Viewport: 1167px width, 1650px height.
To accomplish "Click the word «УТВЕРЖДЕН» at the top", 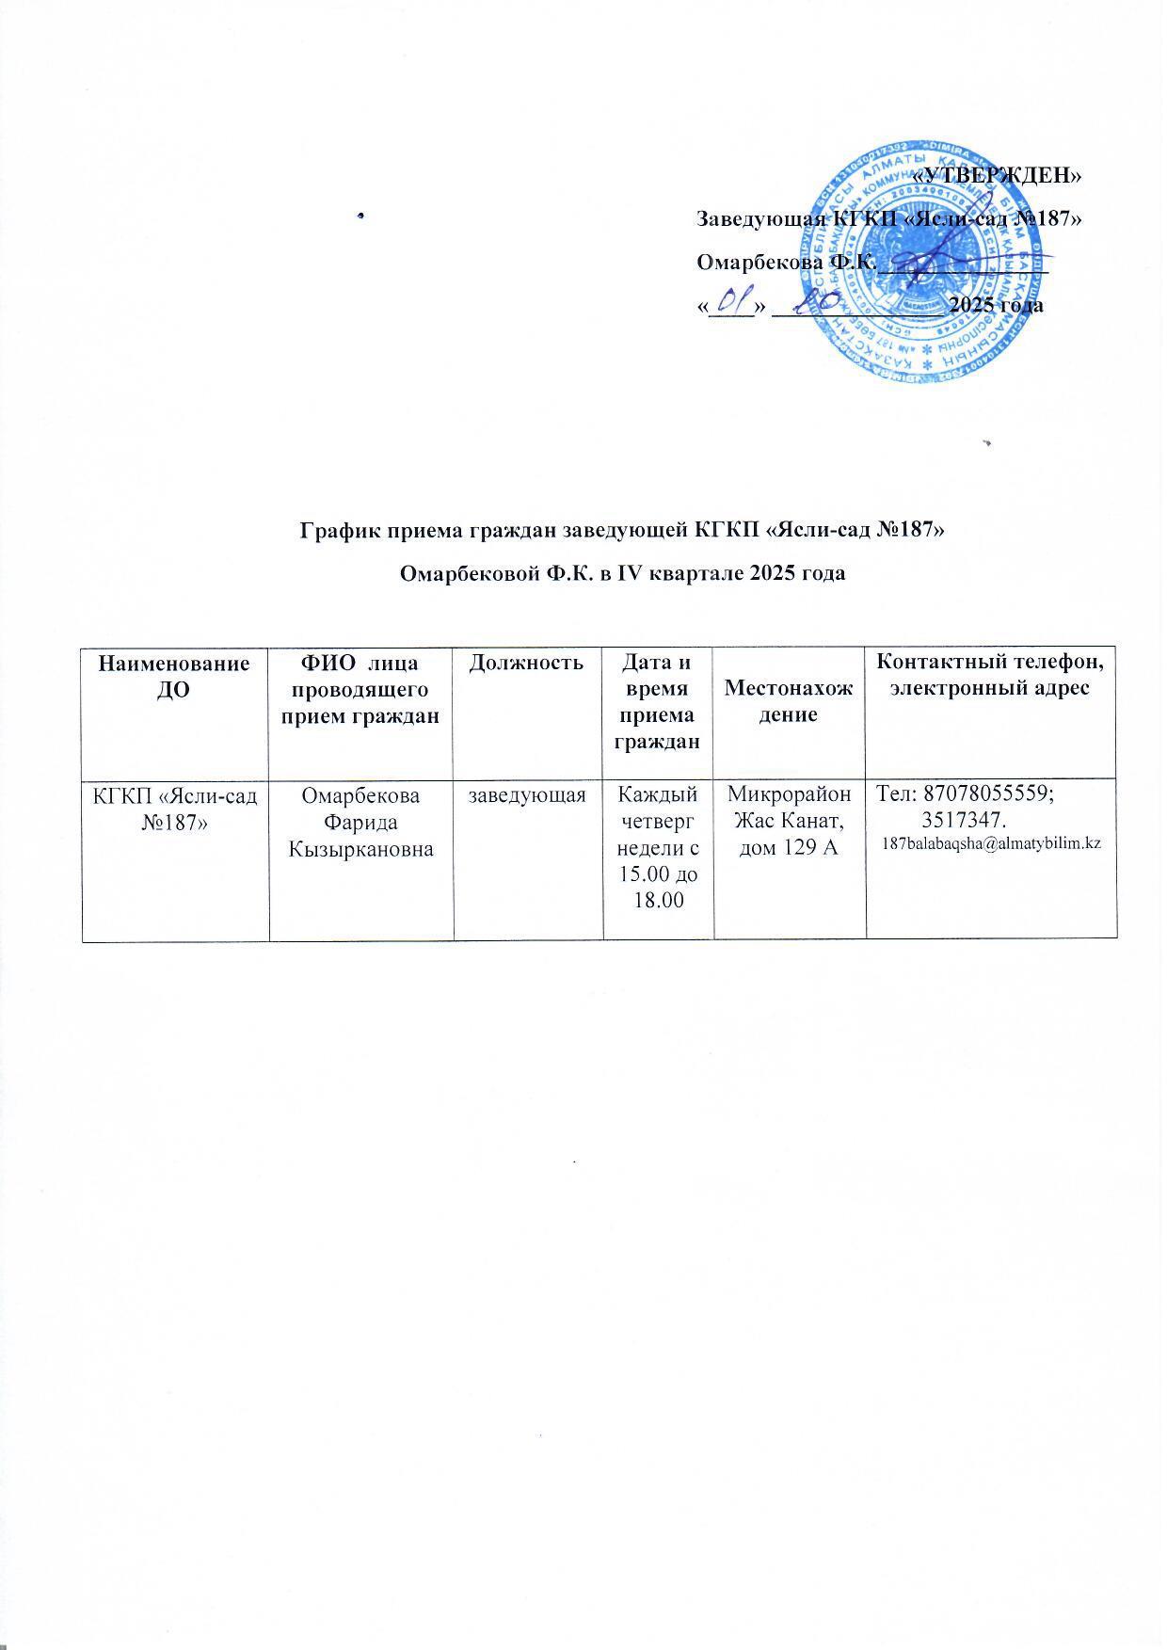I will [x=999, y=175].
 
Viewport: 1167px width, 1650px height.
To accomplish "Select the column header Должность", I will [x=528, y=663].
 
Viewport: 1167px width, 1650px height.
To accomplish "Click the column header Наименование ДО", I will [x=175, y=675].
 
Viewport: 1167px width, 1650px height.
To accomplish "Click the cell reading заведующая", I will [x=528, y=796].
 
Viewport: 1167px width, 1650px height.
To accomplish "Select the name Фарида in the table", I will [x=361, y=823].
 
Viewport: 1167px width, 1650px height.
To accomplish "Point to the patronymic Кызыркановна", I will [x=361, y=850].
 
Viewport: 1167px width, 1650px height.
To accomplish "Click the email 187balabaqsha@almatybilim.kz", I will [x=991, y=843].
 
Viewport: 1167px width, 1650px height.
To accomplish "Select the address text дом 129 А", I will [x=790, y=848].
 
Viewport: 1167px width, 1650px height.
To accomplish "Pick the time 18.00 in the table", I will [x=659, y=901].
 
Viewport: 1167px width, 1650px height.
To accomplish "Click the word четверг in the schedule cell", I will [x=659, y=821].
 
